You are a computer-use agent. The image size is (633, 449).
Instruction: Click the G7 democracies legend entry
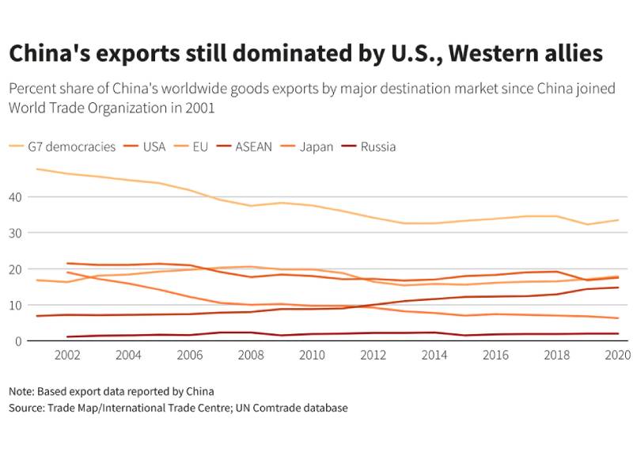tap(71, 146)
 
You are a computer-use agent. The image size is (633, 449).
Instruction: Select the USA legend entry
tap(154, 146)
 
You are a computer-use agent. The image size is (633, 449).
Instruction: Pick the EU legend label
tap(200, 146)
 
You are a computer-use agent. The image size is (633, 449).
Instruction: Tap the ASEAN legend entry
tap(253, 146)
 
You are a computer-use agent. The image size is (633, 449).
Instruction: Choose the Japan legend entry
tap(316, 146)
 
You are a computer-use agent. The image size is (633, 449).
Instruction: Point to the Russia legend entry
tap(377, 146)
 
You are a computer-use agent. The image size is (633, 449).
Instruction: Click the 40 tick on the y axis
tap(17, 196)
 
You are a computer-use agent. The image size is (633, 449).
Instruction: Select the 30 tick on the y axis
tap(17, 233)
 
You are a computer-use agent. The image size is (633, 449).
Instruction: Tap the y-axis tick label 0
tap(20, 341)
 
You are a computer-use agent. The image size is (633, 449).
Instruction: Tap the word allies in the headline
tap(567, 55)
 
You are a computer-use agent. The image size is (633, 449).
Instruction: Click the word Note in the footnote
tap(21, 391)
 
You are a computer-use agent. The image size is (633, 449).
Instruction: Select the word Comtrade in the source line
tap(284, 408)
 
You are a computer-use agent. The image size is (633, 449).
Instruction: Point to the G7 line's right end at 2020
tap(618, 220)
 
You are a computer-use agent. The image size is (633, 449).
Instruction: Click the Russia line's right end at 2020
tap(618, 333)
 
